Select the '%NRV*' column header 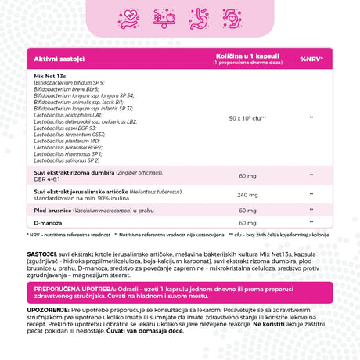[x=311, y=59]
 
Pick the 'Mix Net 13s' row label [x=50, y=74]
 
